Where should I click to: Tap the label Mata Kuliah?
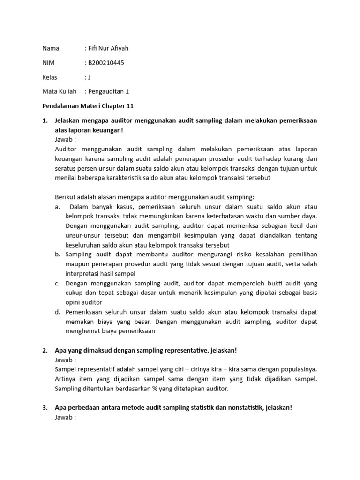pyautogui.click(x=59, y=92)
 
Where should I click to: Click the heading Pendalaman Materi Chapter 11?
pyautogui.click(x=88, y=106)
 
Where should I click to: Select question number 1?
pyautogui.click(x=45, y=121)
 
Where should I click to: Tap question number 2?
pyautogui.click(x=45, y=351)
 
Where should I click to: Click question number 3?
pyautogui.click(x=45, y=408)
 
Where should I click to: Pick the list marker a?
pyautogui.click(x=57, y=207)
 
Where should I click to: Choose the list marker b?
pyautogui.click(x=57, y=255)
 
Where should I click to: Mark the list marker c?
pyautogui.click(x=57, y=284)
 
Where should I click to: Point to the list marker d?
pyautogui.click(x=57, y=312)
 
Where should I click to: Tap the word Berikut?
pyautogui.click(x=66, y=197)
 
